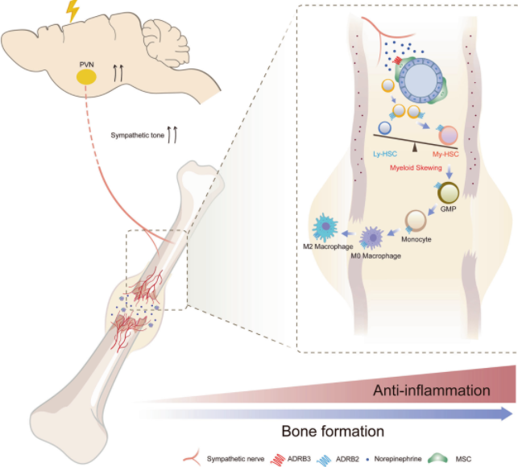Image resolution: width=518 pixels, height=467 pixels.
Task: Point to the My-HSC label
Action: (446, 153)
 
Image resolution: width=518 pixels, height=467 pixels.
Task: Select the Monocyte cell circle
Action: (416, 221)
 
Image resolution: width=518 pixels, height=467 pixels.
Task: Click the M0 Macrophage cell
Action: (373, 238)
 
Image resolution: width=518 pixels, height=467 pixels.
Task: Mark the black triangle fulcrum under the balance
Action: (416, 143)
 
